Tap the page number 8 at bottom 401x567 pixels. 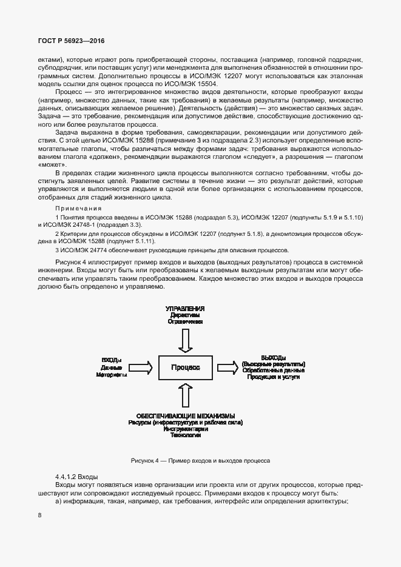click(39, 515)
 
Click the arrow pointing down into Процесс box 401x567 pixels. click(185, 341)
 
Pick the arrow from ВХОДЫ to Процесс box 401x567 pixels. click(141, 367)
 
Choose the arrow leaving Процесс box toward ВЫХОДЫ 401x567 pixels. click(228, 367)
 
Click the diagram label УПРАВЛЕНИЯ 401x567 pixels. click(185, 309)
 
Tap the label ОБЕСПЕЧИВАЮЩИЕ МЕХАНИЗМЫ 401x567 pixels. click(185, 415)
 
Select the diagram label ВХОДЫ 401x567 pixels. click(112, 360)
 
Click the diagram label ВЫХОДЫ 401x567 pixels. click(273, 357)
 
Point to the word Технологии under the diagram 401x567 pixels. click(185, 435)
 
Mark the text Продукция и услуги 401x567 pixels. click(273, 377)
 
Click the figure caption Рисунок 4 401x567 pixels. click(144, 461)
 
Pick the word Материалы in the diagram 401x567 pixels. click(112, 375)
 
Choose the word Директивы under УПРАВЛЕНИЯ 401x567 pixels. click(185, 315)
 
